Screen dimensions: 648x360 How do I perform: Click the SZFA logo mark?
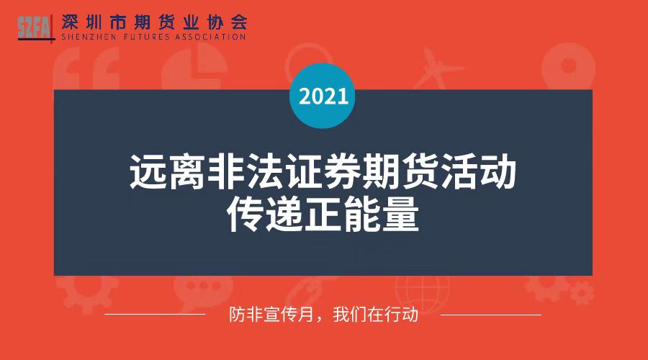[x=36, y=28]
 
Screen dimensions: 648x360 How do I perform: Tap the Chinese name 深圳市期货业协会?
[x=155, y=22]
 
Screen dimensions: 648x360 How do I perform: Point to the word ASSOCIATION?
[x=210, y=37]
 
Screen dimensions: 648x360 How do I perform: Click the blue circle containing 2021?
[x=323, y=96]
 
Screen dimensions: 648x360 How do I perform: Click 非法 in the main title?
[x=245, y=171]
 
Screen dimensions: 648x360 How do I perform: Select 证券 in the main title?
[x=323, y=171]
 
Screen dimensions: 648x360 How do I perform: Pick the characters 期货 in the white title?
[x=400, y=171]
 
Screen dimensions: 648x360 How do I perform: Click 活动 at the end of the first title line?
[x=478, y=171]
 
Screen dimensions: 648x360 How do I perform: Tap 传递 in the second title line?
[x=264, y=214]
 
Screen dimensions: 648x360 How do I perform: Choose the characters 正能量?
[x=362, y=214]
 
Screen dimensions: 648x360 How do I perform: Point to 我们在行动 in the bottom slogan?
[x=376, y=315]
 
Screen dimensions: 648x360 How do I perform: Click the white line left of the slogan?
[x=155, y=315]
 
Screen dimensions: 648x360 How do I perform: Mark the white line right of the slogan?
[x=491, y=315]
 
